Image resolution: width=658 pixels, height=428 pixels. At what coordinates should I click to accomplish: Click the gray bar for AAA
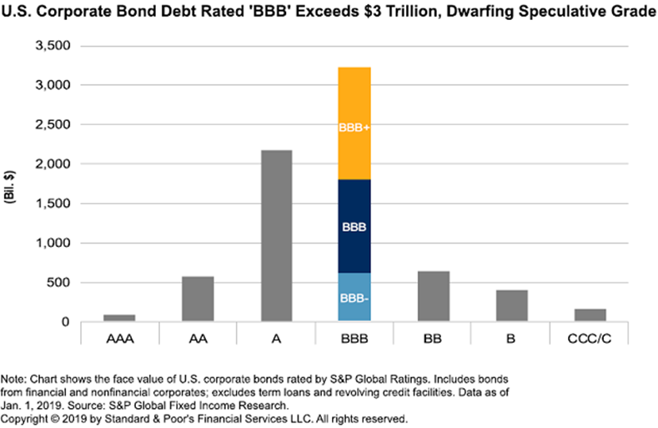pos(119,318)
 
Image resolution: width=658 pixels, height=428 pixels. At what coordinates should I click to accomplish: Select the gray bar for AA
pos(198,299)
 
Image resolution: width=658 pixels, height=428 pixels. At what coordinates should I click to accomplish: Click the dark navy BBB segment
pos(354,226)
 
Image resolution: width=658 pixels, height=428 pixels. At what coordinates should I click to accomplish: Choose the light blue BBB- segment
pos(354,298)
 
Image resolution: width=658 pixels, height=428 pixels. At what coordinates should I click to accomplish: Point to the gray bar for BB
pos(433,296)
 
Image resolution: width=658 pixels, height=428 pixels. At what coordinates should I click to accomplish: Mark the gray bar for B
pos(511,305)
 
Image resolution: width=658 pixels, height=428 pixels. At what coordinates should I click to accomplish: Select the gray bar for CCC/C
pos(590,315)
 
